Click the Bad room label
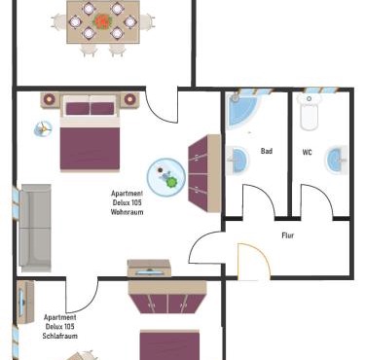coord(267,151)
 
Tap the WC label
coord(308,152)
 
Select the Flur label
coord(288,235)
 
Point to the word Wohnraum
coord(127,212)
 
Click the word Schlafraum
coord(60,336)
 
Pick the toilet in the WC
coord(309,111)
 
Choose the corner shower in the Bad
coord(243,110)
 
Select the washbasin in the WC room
coord(337,160)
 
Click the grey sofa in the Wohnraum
coord(35,228)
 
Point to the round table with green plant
coord(166,177)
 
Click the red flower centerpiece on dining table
coord(103,21)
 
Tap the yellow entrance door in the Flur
coord(254,262)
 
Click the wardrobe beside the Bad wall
coord(204,173)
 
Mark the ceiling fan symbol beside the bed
coord(43,129)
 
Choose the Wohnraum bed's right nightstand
coord(129,100)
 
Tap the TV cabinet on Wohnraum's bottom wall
coord(149,269)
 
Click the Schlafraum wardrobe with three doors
coord(167,297)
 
